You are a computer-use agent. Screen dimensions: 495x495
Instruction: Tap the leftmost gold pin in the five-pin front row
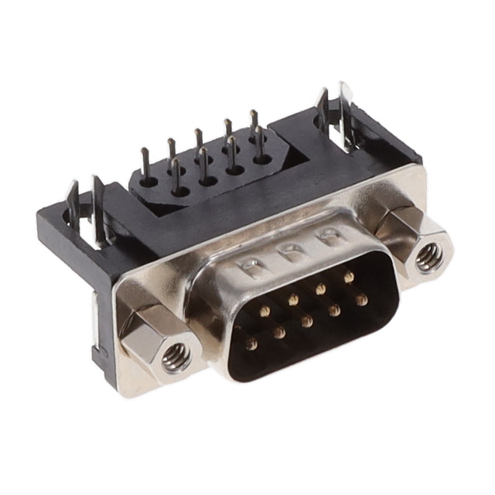click(x=265, y=311)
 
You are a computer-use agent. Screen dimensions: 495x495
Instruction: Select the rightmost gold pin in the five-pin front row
click(x=349, y=276)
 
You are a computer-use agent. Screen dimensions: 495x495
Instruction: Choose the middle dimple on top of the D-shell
click(x=292, y=250)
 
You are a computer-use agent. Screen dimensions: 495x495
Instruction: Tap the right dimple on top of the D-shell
click(x=329, y=234)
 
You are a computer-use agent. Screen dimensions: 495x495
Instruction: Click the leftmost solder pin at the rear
click(x=145, y=164)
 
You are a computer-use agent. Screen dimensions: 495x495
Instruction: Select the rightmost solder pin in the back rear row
click(x=253, y=124)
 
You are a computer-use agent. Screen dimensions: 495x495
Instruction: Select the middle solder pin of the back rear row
click(x=199, y=142)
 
